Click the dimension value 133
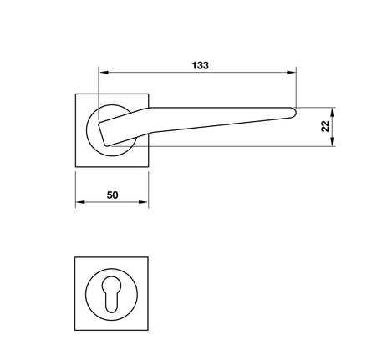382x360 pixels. click(x=200, y=65)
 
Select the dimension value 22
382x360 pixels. click(x=325, y=126)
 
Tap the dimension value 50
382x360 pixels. click(x=112, y=195)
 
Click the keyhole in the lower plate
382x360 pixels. click(x=111, y=294)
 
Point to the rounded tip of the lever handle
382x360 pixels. click(x=294, y=113)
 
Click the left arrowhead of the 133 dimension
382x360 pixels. click(x=104, y=73)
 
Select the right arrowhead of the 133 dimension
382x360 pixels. click(x=291, y=73)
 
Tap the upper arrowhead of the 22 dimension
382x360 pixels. click(x=332, y=112)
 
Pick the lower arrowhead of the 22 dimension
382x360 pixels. click(x=332, y=141)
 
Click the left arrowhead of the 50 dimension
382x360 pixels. click(x=80, y=202)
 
